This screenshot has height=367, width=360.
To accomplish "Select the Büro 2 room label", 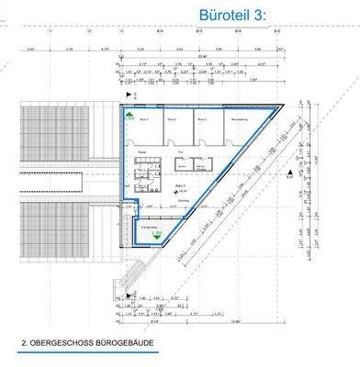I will click(172, 119).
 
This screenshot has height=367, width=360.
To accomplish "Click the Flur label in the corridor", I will click(181, 152).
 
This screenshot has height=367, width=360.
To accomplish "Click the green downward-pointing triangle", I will click(155, 234).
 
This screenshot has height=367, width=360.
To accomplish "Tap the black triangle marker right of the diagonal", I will click(288, 172).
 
